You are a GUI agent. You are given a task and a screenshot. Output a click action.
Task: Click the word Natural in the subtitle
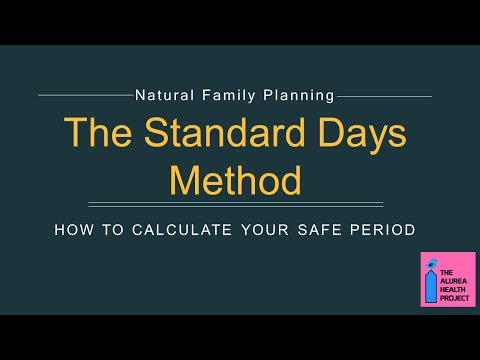(x=161, y=97)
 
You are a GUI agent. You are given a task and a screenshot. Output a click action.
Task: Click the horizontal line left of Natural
(x=85, y=97)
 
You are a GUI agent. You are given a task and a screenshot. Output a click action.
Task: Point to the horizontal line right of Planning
(x=386, y=97)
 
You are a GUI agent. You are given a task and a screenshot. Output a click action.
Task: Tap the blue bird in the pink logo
(x=432, y=264)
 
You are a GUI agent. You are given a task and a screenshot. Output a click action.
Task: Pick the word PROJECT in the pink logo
(x=456, y=297)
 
